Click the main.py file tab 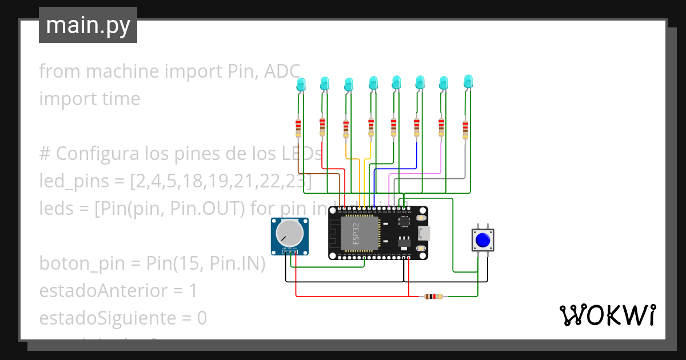(88, 25)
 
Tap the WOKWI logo (607, 315)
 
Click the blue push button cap (483, 240)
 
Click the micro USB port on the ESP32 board (424, 233)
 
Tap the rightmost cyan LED (468, 81)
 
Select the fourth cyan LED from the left (373, 82)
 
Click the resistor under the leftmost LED (298, 128)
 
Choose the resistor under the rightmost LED (465, 129)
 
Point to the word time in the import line (119, 99)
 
